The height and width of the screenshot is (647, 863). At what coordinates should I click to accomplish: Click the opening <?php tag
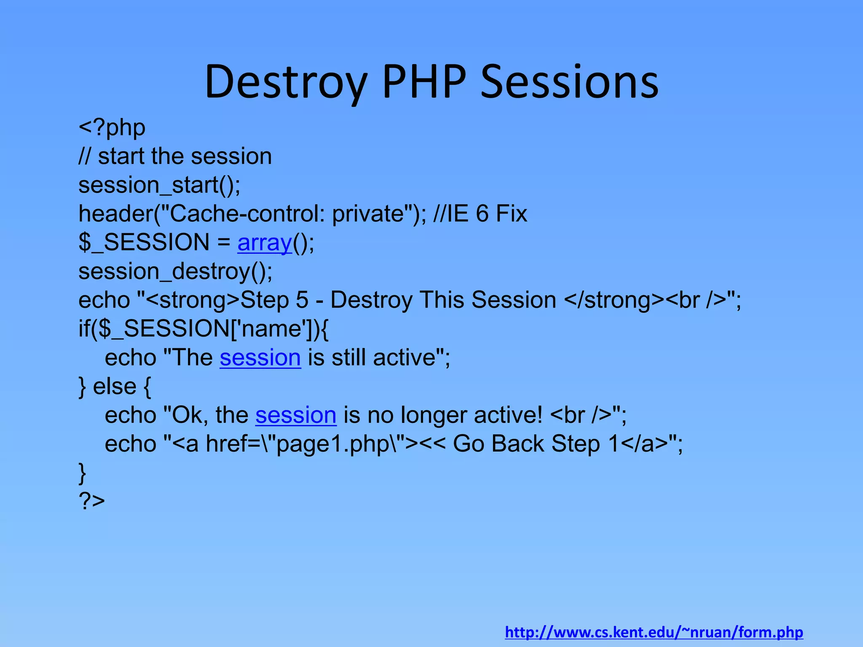point(112,128)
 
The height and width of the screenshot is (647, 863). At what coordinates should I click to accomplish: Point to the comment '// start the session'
point(175,156)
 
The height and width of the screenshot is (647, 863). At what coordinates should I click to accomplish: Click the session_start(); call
point(159,185)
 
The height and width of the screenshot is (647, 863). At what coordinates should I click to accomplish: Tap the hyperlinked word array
point(265,243)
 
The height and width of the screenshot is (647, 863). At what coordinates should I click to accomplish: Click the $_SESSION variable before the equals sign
point(144,243)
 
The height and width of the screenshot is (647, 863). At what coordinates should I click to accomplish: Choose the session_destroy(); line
point(175,271)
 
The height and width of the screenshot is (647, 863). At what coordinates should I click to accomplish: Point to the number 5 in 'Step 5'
point(302,300)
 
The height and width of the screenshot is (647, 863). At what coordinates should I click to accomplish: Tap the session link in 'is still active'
point(260,358)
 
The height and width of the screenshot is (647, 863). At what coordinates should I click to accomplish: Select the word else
point(115,386)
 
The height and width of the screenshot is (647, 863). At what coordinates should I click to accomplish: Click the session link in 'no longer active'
point(296,415)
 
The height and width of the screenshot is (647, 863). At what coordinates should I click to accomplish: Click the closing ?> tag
point(92,501)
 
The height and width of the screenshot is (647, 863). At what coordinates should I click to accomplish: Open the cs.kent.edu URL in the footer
point(654,632)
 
